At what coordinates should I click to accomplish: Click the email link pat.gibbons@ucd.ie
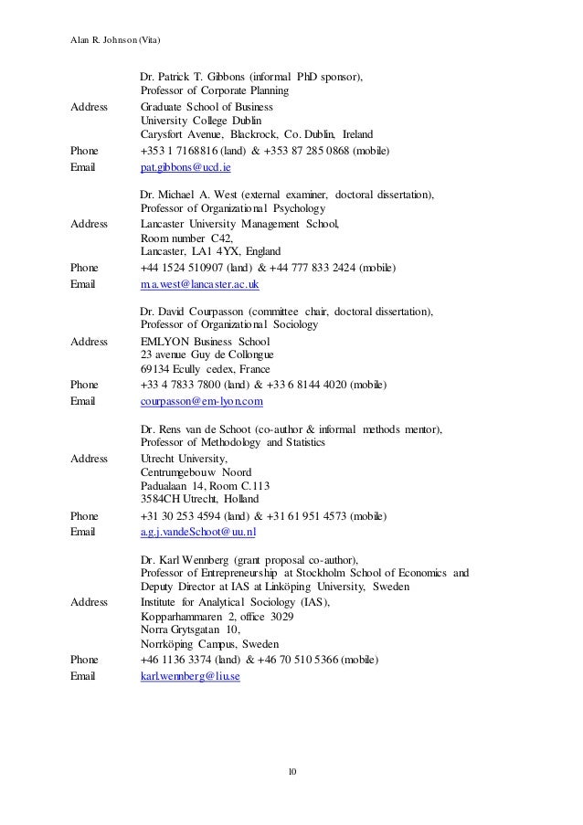[x=185, y=169]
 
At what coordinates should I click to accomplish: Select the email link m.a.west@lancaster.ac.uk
[x=200, y=285]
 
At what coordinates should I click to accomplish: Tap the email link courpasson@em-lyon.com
[x=202, y=401]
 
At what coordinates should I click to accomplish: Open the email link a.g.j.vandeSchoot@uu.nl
[x=198, y=532]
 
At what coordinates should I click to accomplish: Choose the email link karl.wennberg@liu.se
[x=190, y=677]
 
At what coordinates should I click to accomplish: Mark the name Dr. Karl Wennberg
[x=185, y=559]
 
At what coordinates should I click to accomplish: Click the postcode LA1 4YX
[x=219, y=252]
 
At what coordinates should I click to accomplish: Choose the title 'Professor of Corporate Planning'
[x=214, y=91]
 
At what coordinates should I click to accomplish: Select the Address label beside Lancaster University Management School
[x=90, y=224]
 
